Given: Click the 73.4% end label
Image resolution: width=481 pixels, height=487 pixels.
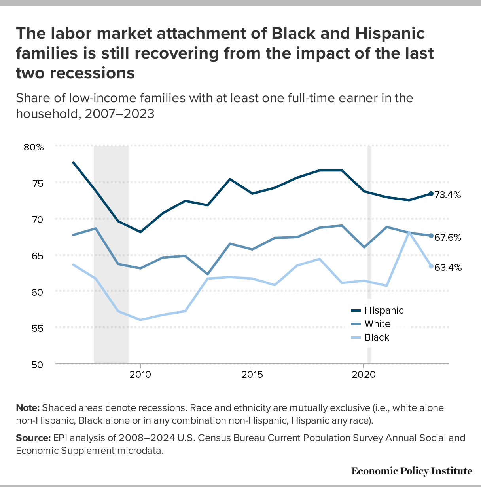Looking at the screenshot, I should coord(448,195).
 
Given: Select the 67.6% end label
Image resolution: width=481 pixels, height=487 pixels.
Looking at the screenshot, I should coord(448,238).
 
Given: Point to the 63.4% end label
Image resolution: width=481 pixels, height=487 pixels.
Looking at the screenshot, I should coord(448,268).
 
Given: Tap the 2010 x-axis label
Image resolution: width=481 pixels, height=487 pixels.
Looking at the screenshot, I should coord(140,375).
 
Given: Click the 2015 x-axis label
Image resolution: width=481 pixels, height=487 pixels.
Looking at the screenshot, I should coord(252,375).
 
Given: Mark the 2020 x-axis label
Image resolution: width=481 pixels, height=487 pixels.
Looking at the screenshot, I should coord(364,375).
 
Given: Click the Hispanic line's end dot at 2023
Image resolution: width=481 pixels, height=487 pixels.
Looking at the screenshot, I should coord(431,194).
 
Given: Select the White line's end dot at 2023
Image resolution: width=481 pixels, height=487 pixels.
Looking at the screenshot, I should coord(431,236).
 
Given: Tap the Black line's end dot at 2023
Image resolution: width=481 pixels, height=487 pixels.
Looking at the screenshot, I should coord(431,266).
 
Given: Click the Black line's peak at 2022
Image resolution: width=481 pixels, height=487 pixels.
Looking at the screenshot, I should coord(409,232).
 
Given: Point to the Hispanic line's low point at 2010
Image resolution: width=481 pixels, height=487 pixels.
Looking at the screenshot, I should coord(140,232).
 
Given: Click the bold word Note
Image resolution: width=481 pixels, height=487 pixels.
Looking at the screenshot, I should coord(28,408).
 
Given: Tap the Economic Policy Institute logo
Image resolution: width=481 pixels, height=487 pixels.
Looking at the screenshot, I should coord(411,471).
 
